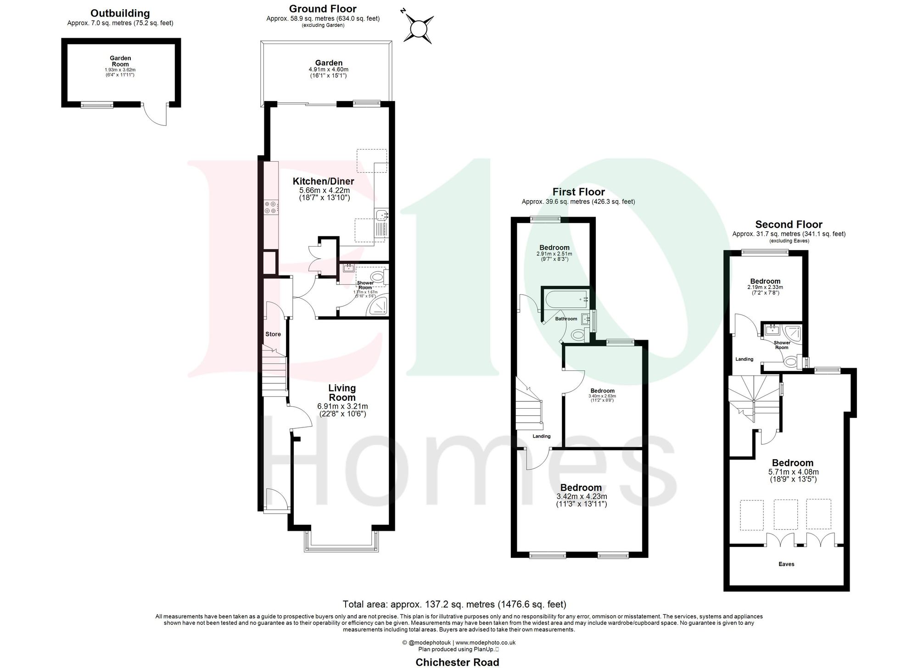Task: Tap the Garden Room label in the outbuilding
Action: click(x=120, y=61)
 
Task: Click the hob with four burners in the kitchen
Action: click(x=270, y=208)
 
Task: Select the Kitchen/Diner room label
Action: click(x=324, y=181)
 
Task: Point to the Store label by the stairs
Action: click(x=273, y=334)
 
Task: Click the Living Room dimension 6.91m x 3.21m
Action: click(x=342, y=406)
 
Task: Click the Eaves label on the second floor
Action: click(x=786, y=564)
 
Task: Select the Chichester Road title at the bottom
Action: click(x=457, y=662)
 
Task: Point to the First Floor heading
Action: click(x=578, y=192)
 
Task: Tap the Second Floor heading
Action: click(x=789, y=225)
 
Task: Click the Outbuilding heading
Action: click(x=120, y=13)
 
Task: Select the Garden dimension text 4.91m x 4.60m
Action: click(x=328, y=70)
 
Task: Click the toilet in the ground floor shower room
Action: click(x=378, y=277)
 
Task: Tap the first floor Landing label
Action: click(x=542, y=436)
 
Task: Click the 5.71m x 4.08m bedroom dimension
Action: click(x=793, y=472)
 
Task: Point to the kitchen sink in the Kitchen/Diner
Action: click(x=381, y=215)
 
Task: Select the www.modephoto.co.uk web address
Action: click(x=486, y=643)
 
